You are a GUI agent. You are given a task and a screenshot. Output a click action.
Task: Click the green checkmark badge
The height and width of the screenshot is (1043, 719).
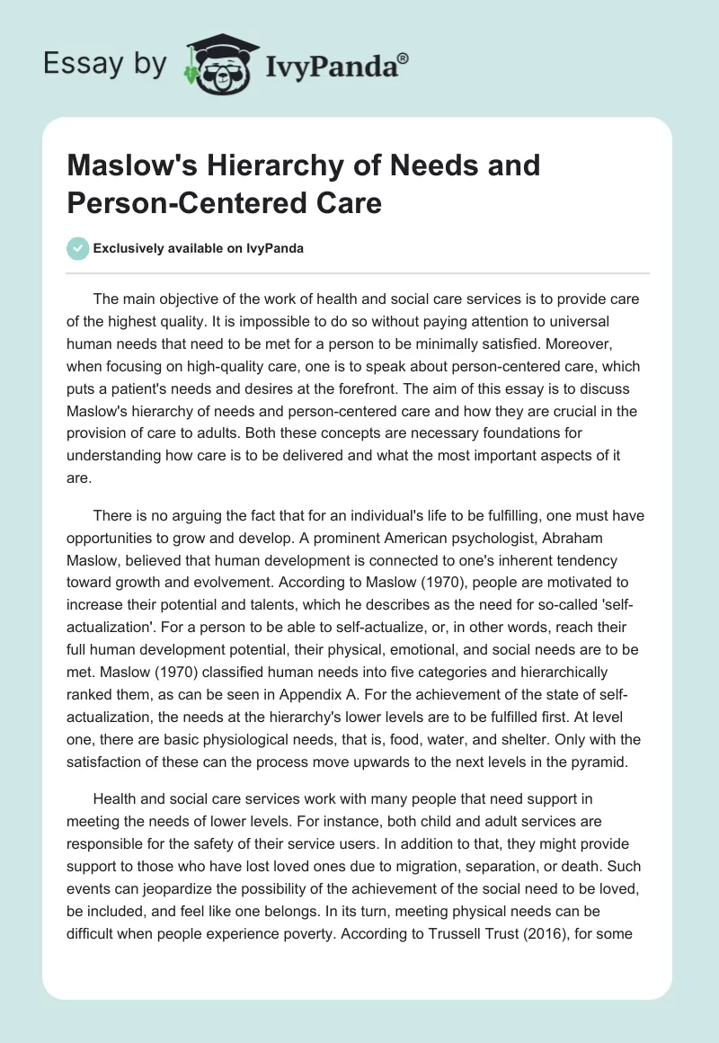point(78,248)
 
